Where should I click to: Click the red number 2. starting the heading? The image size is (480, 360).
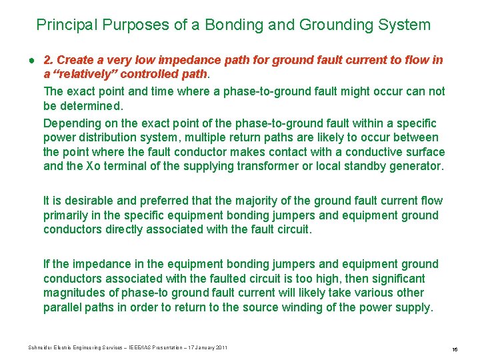[x=49, y=60]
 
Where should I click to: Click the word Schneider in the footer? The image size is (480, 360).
[x=42, y=348]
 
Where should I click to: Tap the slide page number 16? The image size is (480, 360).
[x=453, y=349]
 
